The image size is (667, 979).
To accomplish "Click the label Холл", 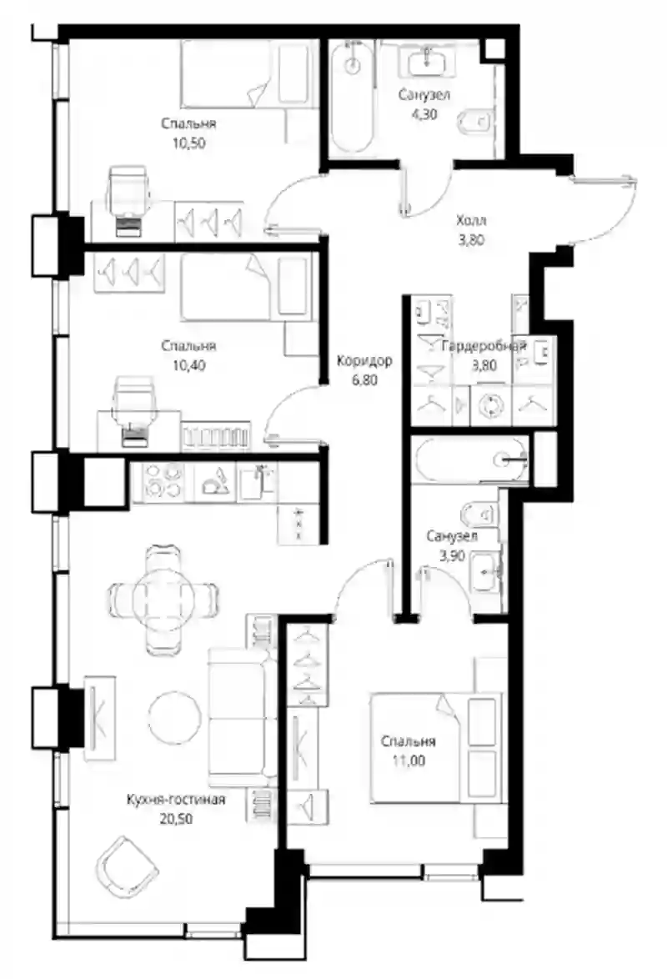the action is pos(471,220).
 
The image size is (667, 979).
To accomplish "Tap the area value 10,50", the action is pos(189,143).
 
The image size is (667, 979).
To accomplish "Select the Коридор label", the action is pos(364,360).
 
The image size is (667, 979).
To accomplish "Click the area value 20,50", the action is pos(176,819).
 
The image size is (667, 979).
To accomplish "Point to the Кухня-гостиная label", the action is pos(176,799).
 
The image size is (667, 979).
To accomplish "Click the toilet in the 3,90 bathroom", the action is pos(479,515).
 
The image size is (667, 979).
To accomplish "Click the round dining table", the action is pos(163,591).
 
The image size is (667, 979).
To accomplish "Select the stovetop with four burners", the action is pos(163,481).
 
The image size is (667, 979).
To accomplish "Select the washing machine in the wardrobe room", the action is pos(491,406).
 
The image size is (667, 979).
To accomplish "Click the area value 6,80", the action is pos(364,379).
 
